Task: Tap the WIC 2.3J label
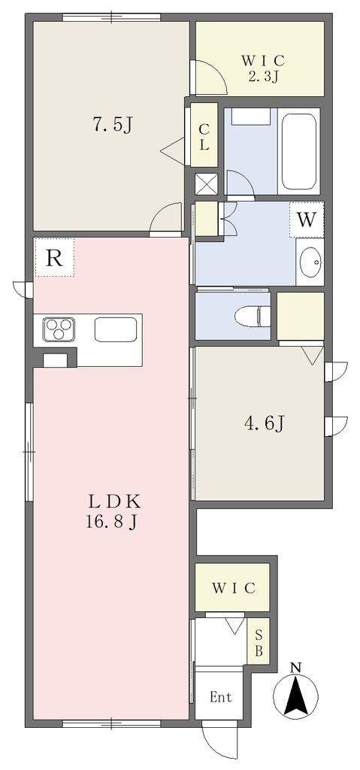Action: [x=263, y=68]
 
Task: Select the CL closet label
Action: [x=204, y=137]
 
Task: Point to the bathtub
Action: [x=299, y=152]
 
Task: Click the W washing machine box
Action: [x=307, y=220]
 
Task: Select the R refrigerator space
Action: [x=55, y=257]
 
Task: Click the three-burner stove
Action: [x=59, y=329]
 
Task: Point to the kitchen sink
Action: [x=116, y=329]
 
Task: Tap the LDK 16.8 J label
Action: [x=113, y=511]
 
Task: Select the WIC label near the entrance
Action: [x=233, y=588]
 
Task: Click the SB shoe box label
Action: [x=259, y=644]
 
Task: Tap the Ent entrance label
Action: [x=220, y=696]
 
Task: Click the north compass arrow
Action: [x=295, y=694]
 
